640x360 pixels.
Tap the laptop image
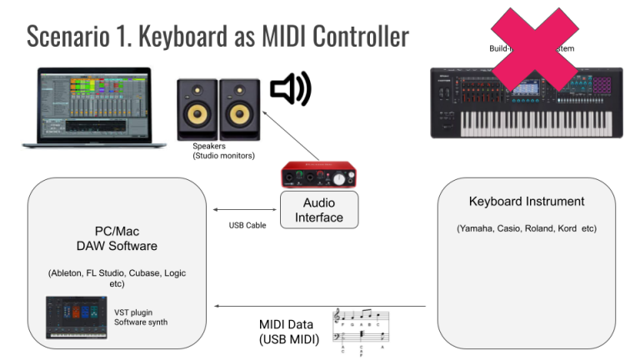87,108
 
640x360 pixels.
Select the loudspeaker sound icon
290,89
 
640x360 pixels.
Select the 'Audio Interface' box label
318,210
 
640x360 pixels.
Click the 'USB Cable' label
247,226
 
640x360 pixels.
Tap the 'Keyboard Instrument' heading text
526,202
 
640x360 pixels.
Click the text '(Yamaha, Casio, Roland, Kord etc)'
526,228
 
